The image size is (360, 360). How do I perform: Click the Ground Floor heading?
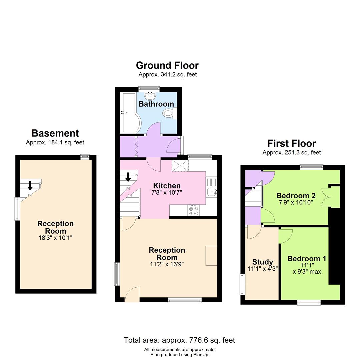click(x=167, y=65)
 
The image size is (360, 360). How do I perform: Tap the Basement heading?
click(x=55, y=133)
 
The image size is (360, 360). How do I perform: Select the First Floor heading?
click(x=291, y=143)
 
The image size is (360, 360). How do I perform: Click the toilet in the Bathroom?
click(x=169, y=113)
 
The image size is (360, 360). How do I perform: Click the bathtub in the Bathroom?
click(x=128, y=113)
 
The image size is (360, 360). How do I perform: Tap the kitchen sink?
click(x=211, y=192)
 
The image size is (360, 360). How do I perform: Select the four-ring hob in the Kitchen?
click(x=193, y=211)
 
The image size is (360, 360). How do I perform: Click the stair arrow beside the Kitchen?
click(x=128, y=177)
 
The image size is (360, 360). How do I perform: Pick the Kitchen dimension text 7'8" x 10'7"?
click(x=167, y=192)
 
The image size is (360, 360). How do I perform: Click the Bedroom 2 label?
click(x=296, y=195)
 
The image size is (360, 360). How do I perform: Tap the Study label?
click(x=263, y=262)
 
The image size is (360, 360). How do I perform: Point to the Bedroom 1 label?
click(x=307, y=259)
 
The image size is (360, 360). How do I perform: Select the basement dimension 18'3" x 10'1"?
click(x=55, y=238)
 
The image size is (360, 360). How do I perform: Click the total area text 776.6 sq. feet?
click(x=179, y=340)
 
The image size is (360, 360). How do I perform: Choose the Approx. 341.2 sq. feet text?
click(x=168, y=75)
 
